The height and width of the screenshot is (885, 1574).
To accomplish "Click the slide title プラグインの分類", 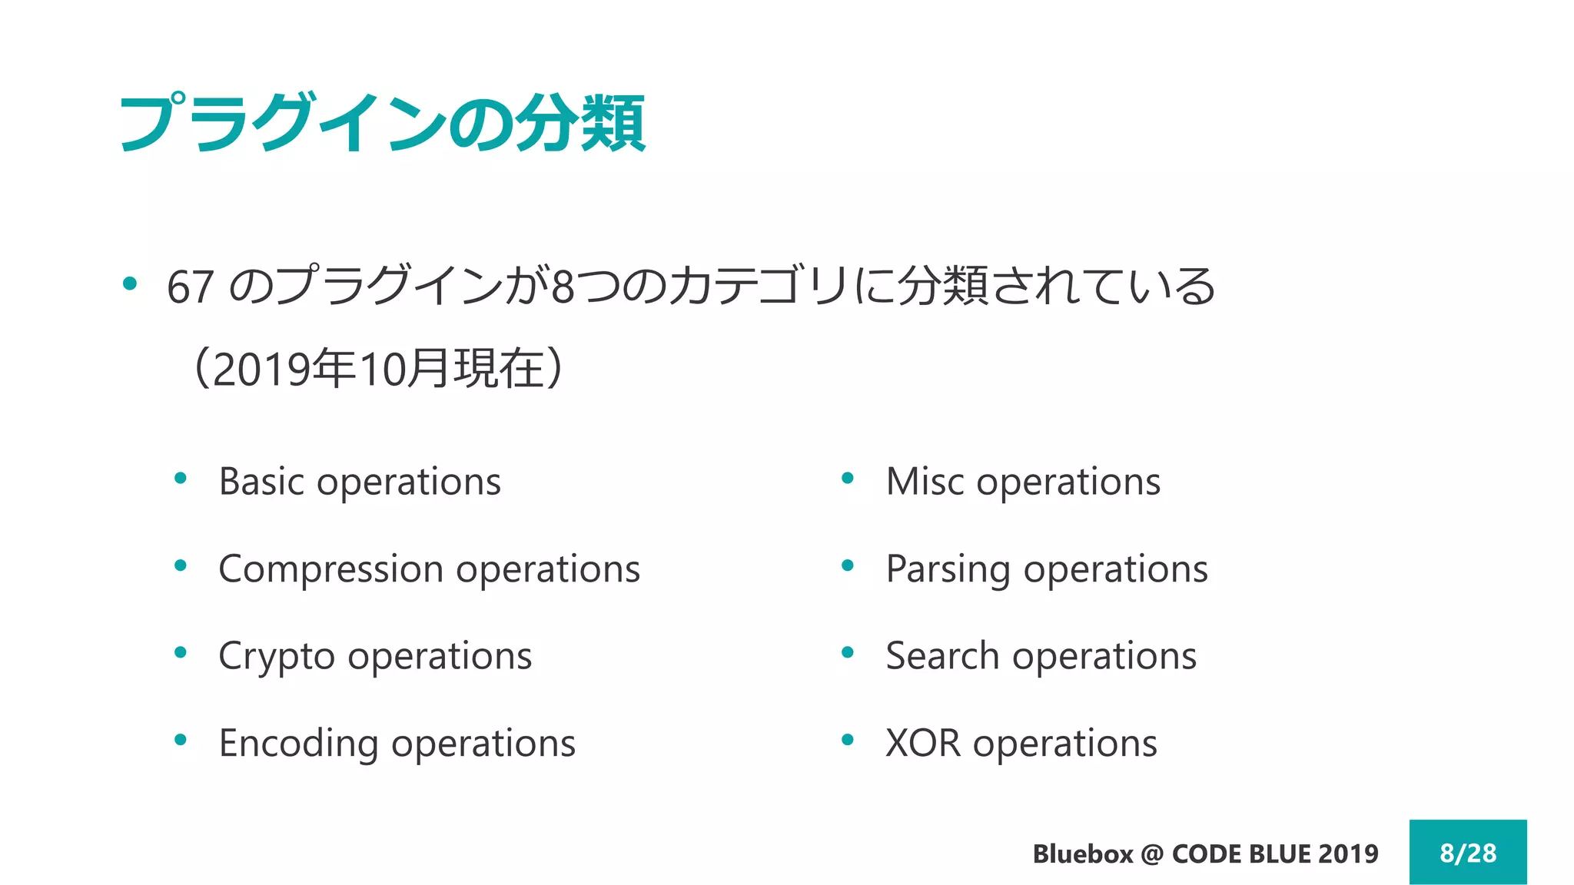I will point(382,123).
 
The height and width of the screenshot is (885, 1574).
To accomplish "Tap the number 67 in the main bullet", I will point(190,287).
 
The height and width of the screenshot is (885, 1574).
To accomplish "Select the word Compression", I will point(331,569).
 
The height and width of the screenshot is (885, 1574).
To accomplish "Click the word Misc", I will point(925,482).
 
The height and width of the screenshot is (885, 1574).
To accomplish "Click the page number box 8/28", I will point(1467,852).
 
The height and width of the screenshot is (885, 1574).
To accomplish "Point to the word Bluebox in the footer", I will point(1082,854).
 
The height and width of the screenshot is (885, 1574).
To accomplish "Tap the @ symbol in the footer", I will point(1152,854).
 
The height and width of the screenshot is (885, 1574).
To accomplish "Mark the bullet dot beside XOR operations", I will point(848,741).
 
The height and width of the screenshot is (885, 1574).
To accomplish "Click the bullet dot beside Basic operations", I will point(181,479).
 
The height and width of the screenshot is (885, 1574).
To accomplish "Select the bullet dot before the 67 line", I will point(130,283).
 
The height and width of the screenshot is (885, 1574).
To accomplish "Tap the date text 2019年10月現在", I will point(378,369).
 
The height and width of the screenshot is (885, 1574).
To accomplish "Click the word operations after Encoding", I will point(483,744).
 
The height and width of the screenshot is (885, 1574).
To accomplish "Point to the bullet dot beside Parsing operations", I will point(848,566).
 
